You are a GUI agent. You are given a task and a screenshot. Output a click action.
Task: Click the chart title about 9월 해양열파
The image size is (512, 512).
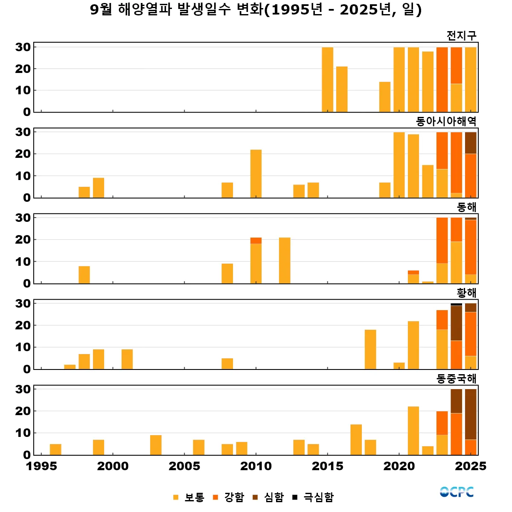(256, 9)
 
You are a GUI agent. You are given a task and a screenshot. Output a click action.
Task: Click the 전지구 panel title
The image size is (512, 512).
(461, 35)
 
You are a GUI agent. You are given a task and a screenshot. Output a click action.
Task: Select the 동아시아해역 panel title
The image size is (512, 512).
(446, 122)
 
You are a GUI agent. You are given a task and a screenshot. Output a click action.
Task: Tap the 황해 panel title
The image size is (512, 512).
(466, 293)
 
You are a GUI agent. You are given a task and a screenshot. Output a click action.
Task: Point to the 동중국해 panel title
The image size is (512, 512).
(456, 378)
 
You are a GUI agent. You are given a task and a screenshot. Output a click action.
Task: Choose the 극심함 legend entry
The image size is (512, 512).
(313, 497)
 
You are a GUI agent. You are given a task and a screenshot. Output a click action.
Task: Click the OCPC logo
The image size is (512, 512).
(457, 492)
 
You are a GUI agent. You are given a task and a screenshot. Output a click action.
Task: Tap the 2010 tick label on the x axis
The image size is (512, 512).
(256, 466)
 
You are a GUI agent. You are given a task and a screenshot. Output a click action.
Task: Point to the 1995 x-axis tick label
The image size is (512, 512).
(41, 466)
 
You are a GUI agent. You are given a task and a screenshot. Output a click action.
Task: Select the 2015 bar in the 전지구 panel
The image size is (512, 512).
(327, 80)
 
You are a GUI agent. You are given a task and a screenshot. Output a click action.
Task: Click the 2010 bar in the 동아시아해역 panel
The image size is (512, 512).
(256, 174)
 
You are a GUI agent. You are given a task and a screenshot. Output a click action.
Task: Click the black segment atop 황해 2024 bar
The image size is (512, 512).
(456, 305)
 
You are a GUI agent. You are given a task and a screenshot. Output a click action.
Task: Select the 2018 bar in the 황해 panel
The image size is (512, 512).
(370, 349)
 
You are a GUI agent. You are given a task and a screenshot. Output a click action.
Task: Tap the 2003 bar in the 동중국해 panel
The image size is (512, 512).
(156, 445)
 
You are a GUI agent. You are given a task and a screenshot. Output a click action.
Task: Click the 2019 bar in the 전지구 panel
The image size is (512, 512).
(385, 97)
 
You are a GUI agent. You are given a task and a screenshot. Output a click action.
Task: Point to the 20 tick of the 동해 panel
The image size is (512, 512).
(23, 240)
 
